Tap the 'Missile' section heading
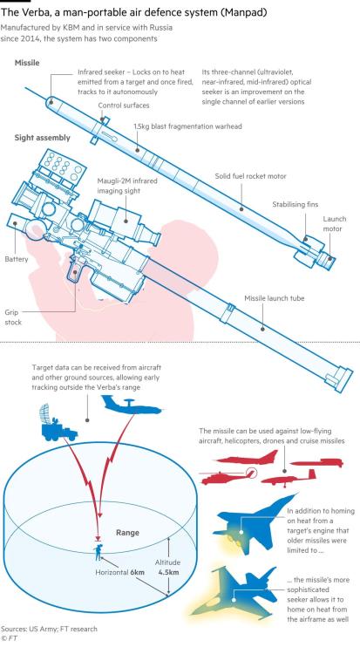click(27, 63)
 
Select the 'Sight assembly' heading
click(42, 138)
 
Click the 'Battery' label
click(17, 259)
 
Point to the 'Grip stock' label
click(13, 317)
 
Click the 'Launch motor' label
click(334, 223)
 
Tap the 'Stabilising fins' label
click(295, 204)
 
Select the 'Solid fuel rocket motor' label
click(251, 176)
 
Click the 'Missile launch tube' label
click(274, 298)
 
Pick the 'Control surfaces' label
click(124, 106)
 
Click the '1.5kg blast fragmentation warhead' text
click(187, 126)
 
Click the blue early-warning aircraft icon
click(132, 405)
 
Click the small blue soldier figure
click(99, 553)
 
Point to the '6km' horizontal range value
click(137, 572)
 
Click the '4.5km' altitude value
click(168, 572)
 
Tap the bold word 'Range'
click(127, 533)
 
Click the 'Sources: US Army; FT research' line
click(49, 629)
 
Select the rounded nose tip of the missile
click(49, 101)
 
